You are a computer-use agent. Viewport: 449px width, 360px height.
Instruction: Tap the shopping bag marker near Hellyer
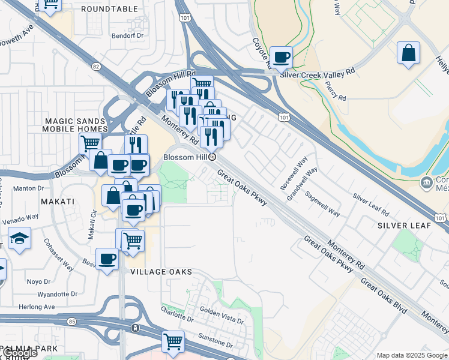click(408, 53)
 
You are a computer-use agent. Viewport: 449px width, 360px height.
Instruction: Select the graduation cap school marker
click(20, 239)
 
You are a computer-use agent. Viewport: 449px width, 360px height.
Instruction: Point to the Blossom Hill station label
click(186, 157)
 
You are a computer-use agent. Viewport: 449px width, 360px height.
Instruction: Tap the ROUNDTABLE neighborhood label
click(109, 10)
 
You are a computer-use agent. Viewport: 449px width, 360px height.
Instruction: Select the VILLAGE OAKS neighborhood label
click(161, 272)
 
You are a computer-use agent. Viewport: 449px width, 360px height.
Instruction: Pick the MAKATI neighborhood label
click(58, 202)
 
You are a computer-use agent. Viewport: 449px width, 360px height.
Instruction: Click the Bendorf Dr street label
click(128, 35)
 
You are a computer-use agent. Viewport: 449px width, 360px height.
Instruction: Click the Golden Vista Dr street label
click(221, 316)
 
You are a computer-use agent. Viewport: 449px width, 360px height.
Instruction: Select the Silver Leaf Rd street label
click(371, 206)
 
